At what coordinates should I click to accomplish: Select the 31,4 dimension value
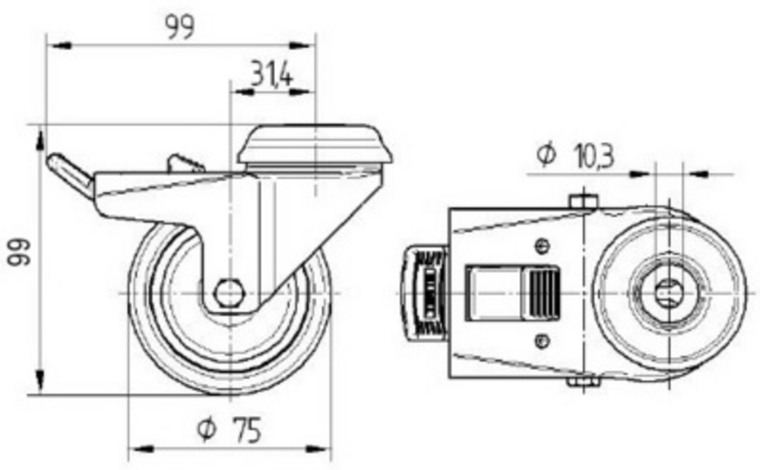coord(272,74)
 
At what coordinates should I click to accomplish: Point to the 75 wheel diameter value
coord(247,429)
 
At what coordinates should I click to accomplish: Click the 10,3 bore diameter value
coord(594,156)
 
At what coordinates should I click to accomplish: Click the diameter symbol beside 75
coord(206,429)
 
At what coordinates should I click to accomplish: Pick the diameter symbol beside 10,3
coord(546,155)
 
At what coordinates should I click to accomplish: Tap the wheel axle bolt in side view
coord(230,293)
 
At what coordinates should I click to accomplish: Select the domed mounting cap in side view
coord(315,144)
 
